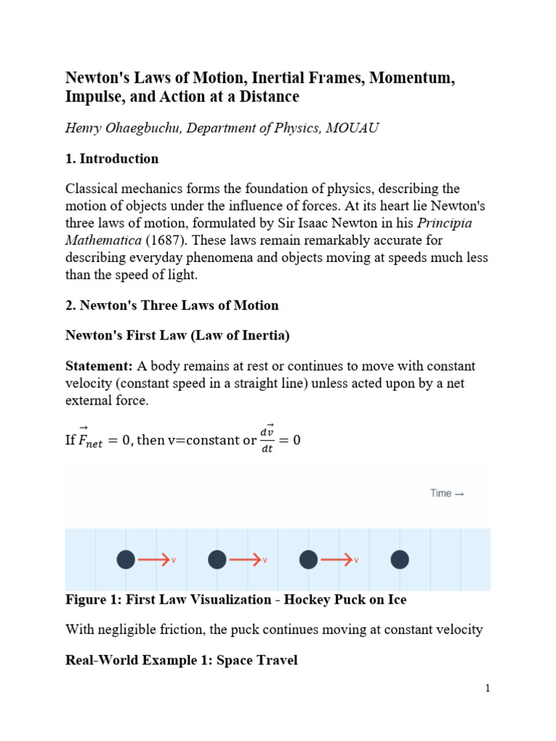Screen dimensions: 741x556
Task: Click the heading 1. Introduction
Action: pyautogui.click(x=112, y=158)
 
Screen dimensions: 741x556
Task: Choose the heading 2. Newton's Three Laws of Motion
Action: pyautogui.click(x=172, y=305)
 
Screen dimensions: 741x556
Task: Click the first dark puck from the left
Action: pyautogui.click(x=126, y=559)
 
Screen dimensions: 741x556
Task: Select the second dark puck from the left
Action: pyautogui.click(x=217, y=559)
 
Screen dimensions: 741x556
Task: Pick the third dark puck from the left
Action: pyautogui.click(x=309, y=559)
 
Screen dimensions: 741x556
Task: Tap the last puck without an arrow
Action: pyautogui.click(x=400, y=559)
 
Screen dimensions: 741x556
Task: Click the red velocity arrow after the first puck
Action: pyautogui.click(x=153, y=559)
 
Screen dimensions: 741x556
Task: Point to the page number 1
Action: pyautogui.click(x=488, y=688)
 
